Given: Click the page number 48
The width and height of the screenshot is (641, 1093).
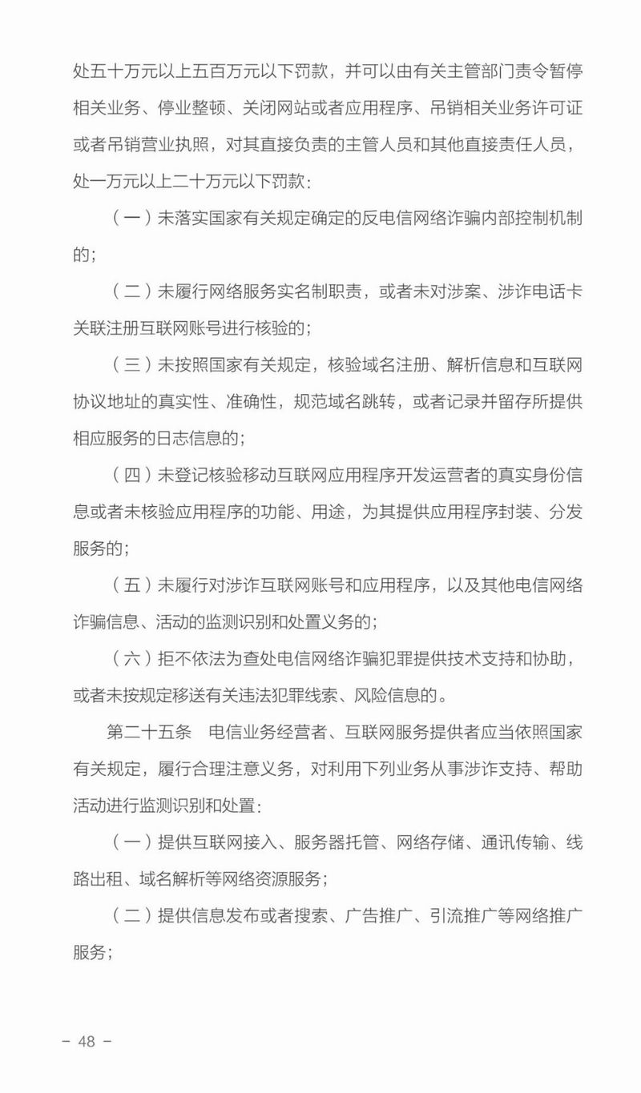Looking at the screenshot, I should coord(87,1042).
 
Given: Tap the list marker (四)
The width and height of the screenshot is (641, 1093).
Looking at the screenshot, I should coord(131,475).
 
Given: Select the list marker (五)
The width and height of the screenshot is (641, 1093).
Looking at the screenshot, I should coord(131,585).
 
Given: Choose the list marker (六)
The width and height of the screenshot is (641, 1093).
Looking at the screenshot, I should coord(131,658).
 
